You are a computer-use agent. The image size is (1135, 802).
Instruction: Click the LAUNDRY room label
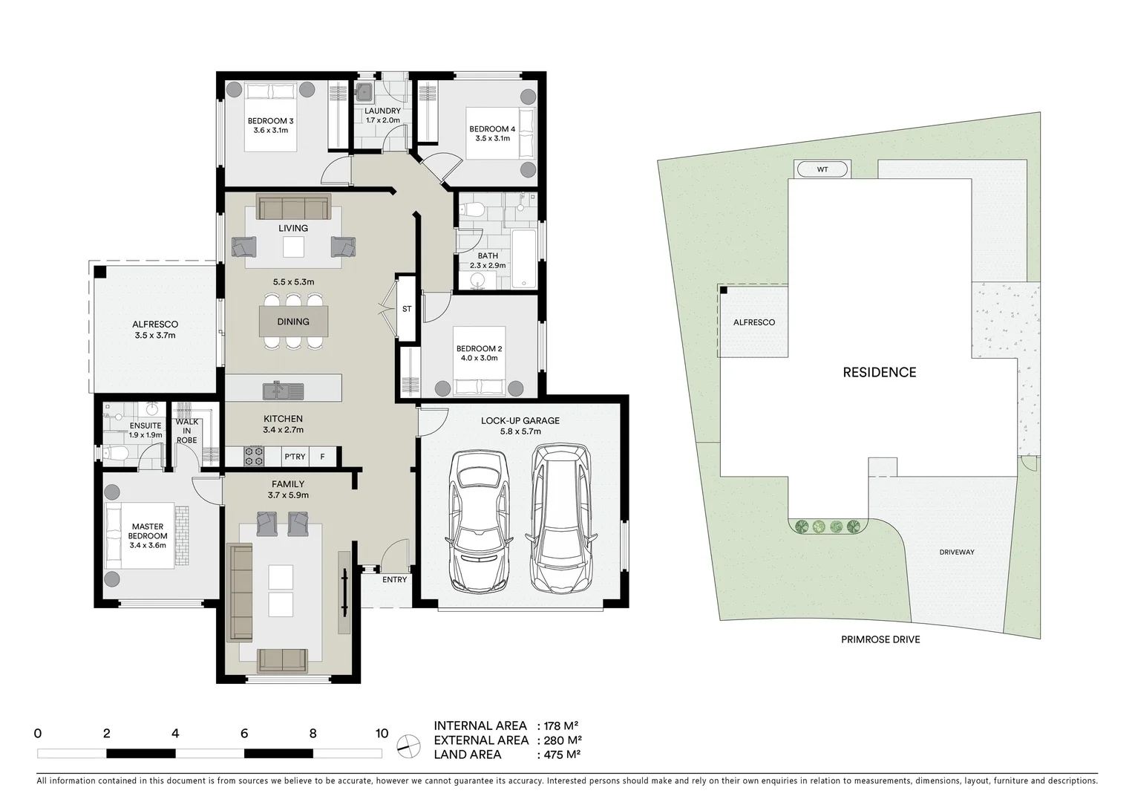[382, 111]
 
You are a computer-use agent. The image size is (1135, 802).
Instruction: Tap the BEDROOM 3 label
[270, 121]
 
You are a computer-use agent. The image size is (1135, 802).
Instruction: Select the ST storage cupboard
[407, 309]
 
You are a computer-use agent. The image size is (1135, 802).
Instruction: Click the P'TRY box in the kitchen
[295, 457]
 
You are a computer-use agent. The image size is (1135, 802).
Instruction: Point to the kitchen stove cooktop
[254, 456]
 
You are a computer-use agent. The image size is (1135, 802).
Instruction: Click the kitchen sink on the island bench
[282, 389]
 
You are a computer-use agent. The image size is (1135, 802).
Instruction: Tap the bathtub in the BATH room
[524, 258]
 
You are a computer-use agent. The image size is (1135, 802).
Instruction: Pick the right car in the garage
[560, 517]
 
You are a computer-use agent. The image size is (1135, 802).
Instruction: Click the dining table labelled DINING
[293, 322]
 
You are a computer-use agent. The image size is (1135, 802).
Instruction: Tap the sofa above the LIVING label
[293, 206]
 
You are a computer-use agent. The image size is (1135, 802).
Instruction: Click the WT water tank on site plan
[822, 169]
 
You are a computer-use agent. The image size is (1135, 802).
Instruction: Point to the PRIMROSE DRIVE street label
[880, 639]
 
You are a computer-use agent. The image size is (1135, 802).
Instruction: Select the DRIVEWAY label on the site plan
[956, 552]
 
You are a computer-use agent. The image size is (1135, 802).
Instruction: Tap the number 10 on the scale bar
[382, 734]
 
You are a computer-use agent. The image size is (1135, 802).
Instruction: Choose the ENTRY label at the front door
[394, 579]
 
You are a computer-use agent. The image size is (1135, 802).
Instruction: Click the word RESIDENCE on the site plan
[879, 372]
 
